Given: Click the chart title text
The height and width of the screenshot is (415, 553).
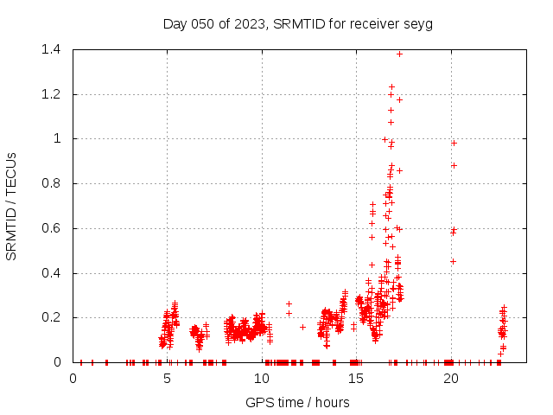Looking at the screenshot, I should coord(297,23).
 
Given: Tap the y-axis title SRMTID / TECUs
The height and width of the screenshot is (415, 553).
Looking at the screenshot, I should coord(12,206).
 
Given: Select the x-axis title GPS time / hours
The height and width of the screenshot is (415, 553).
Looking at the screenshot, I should coord(297,402).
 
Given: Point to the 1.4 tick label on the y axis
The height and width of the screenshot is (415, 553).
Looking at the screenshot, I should coord(50,49).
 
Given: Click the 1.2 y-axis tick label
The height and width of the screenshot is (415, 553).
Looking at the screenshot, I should coord(50,94).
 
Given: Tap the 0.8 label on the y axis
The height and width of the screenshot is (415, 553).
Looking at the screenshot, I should coord(50,183).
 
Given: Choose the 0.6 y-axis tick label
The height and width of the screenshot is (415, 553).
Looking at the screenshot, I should coord(50,228).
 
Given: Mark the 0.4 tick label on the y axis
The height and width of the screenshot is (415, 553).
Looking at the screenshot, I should coord(50,273).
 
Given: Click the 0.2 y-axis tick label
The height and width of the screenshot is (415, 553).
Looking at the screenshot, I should coord(50,318).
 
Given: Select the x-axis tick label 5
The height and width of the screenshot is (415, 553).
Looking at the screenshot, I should coord(167,379).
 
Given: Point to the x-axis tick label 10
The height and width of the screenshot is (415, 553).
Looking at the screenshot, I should coord(262,379).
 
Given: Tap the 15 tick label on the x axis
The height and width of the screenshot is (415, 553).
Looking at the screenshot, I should coord(356,379).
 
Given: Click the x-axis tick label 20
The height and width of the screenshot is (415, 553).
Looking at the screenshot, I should coord(450,379).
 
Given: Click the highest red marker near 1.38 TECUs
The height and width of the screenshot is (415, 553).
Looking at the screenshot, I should coord(399,54).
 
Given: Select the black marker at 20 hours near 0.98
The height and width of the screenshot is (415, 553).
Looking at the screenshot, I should coord(454,143).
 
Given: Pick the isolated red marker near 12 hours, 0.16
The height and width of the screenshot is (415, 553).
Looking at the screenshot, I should coord(302,327).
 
